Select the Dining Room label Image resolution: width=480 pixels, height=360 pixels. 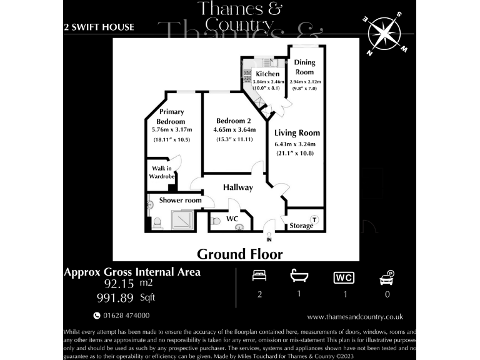305,67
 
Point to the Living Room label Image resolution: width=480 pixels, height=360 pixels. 297,132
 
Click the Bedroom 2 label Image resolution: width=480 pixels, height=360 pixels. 234,121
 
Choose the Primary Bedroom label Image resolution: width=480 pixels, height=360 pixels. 171,116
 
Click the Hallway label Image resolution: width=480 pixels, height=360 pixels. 238,187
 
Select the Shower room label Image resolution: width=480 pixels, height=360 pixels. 180,200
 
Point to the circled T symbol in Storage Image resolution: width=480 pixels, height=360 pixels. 314,219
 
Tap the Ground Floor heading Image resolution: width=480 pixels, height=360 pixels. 240,254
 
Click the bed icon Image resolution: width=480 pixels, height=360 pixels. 259,276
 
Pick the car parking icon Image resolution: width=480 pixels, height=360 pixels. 387,276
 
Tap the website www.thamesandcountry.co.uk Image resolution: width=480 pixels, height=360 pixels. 355,317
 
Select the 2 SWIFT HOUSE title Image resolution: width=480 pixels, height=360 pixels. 99,27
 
